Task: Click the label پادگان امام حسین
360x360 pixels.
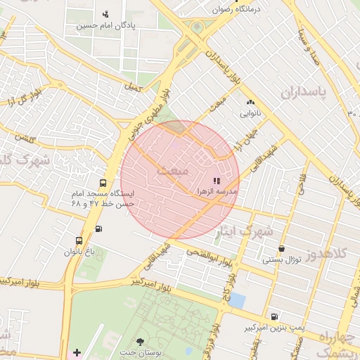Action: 106,26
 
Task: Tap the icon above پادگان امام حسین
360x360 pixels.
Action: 106,14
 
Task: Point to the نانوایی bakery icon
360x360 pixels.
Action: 250,103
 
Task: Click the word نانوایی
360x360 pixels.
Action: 250,112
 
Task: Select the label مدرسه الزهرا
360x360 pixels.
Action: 221,191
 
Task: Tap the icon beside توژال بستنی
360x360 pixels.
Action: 281,249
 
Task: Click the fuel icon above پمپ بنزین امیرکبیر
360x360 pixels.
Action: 274,317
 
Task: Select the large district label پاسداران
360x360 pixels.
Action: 308,92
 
